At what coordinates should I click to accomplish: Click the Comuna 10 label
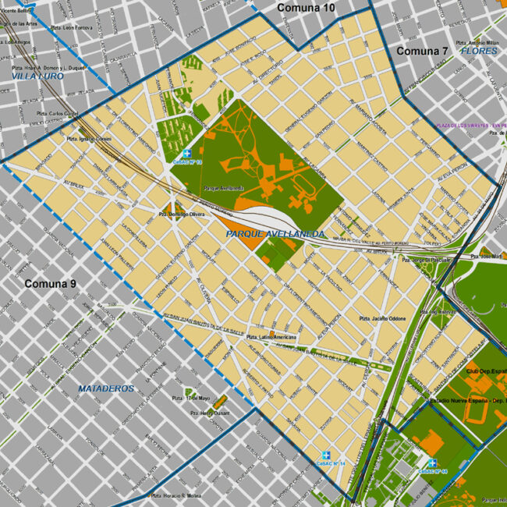(x=306, y=8)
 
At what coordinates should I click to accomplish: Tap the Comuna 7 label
(x=422, y=51)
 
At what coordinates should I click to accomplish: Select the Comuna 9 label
(x=50, y=283)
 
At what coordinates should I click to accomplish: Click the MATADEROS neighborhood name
(x=106, y=388)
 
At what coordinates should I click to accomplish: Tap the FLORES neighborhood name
(x=478, y=51)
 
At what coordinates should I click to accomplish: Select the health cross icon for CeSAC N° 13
(x=187, y=154)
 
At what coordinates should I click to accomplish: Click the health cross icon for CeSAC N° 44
(x=432, y=463)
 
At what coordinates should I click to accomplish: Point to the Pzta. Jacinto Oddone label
(x=382, y=319)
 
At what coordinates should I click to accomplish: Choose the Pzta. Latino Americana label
(x=271, y=337)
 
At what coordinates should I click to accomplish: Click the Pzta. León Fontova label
(x=68, y=27)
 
